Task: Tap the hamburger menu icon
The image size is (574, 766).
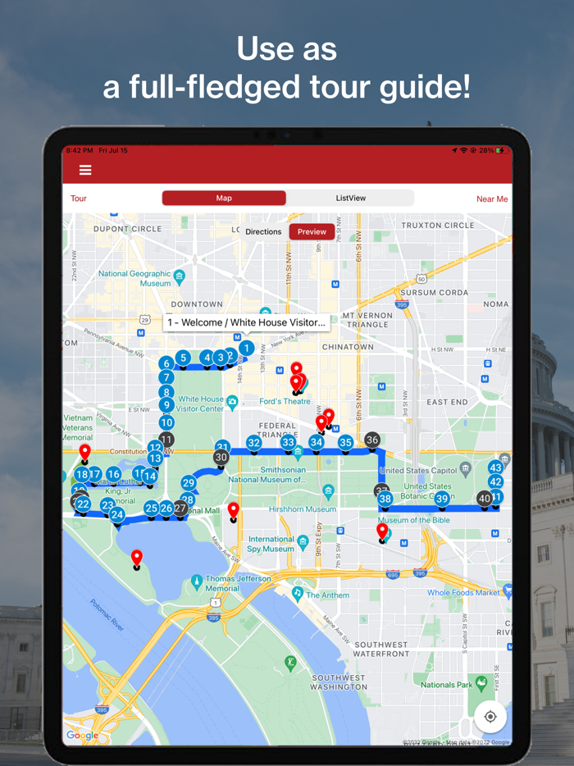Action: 85,170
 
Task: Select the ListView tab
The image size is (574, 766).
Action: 351,198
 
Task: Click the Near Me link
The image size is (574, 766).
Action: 492,198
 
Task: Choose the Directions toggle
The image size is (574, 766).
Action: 263,231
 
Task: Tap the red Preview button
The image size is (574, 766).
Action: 312,231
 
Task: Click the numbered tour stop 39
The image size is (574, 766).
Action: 442,499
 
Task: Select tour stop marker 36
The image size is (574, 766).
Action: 372,440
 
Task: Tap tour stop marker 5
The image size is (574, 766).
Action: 184,358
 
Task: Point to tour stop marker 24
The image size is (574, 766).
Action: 117,515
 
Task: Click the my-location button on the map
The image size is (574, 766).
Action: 490,717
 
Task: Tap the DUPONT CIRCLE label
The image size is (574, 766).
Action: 127,229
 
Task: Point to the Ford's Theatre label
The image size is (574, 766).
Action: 285,401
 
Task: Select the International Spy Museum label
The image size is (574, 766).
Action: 271,545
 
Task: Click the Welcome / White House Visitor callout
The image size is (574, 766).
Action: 246,323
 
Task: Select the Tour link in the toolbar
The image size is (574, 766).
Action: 79,198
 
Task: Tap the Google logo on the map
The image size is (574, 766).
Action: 82,736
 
